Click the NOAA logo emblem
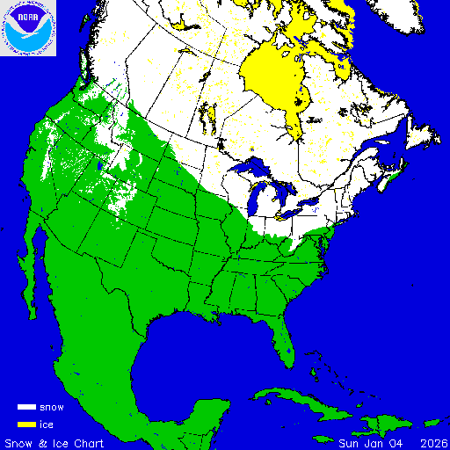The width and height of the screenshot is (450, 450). point(28,28)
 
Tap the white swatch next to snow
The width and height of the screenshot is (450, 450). point(25,408)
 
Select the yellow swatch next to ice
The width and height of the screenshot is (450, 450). point(25,425)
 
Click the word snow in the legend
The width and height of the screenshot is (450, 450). point(51,408)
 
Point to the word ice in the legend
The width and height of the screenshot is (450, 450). point(46,425)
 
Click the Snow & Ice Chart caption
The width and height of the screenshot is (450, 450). point(54,442)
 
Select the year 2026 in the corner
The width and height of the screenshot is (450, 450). point(432,442)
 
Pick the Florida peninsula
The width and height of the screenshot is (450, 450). point(280,338)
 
